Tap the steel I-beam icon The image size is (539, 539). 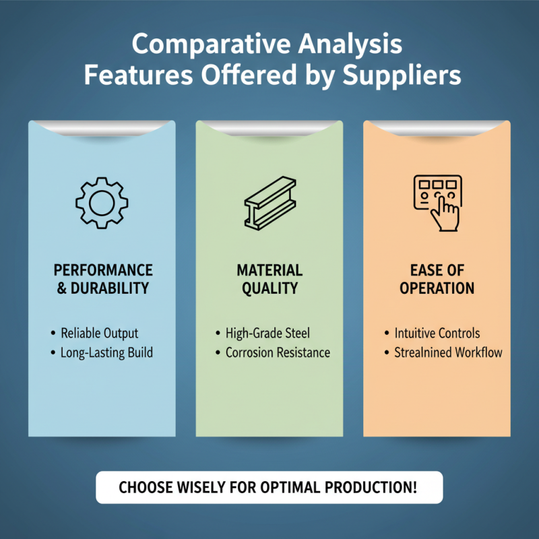click(x=270, y=203)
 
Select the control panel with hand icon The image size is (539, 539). click(x=437, y=203)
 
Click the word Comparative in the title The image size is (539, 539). click(x=211, y=44)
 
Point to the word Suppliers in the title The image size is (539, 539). click(x=402, y=75)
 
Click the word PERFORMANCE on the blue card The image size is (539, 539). click(x=103, y=270)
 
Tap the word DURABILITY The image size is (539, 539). click(x=110, y=288)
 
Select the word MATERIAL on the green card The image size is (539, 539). click(x=270, y=270)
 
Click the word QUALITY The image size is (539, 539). click(x=270, y=288)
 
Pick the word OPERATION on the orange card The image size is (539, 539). click(x=437, y=288)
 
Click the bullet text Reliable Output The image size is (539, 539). click(x=99, y=334)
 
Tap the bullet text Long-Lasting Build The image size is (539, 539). click(x=106, y=353)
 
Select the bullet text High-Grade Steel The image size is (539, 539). click(x=267, y=333)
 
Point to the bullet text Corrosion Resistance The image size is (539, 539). click(x=278, y=352)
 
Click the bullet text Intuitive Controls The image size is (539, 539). click(x=437, y=333)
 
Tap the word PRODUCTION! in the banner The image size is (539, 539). click(x=371, y=487)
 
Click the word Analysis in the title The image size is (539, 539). click(x=350, y=44)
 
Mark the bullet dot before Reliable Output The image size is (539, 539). click(x=53, y=333)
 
